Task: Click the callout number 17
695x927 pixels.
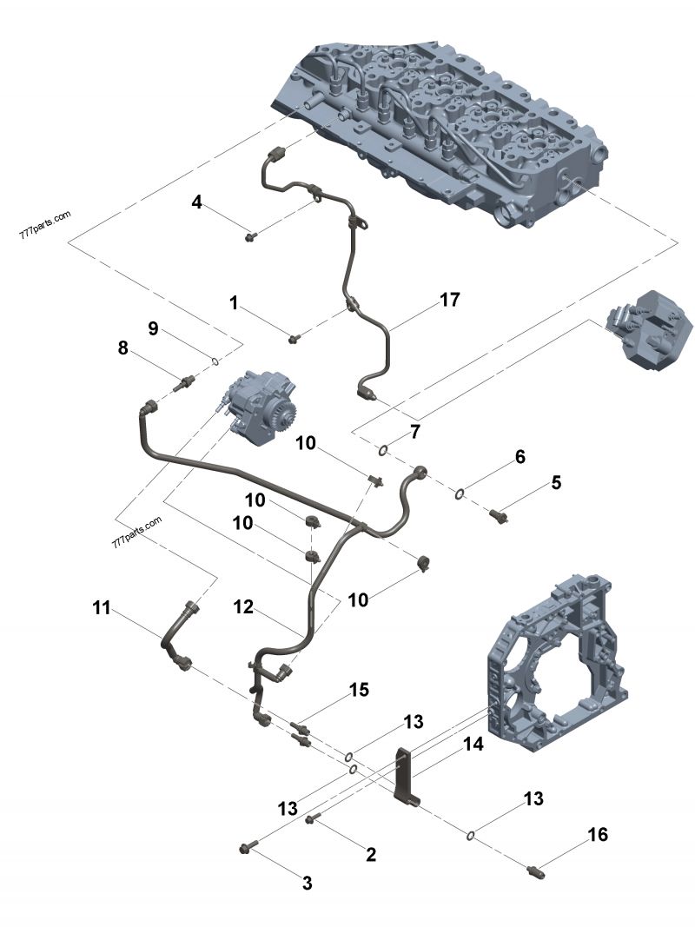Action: pyautogui.click(x=449, y=300)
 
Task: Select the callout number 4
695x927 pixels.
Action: pyautogui.click(x=197, y=202)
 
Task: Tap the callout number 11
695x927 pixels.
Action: pyautogui.click(x=103, y=608)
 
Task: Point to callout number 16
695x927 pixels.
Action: pyautogui.click(x=598, y=835)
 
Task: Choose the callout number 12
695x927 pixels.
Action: pyautogui.click(x=243, y=608)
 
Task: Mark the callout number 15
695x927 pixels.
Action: pyautogui.click(x=359, y=690)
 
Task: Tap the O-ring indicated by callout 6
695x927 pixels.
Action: pyautogui.click(x=459, y=494)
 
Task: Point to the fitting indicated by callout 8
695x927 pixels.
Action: pyautogui.click(x=184, y=381)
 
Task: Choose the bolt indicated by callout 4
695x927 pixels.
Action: pyautogui.click(x=250, y=235)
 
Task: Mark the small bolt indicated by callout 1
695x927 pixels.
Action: pyautogui.click(x=295, y=337)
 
